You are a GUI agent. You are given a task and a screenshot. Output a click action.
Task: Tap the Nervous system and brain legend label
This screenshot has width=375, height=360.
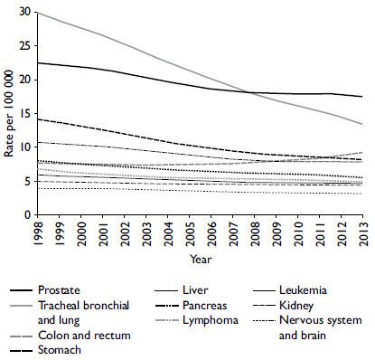pyautogui.click(x=329, y=327)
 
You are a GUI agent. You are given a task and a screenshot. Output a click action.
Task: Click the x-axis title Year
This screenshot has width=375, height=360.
pyautogui.click(x=202, y=258)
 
